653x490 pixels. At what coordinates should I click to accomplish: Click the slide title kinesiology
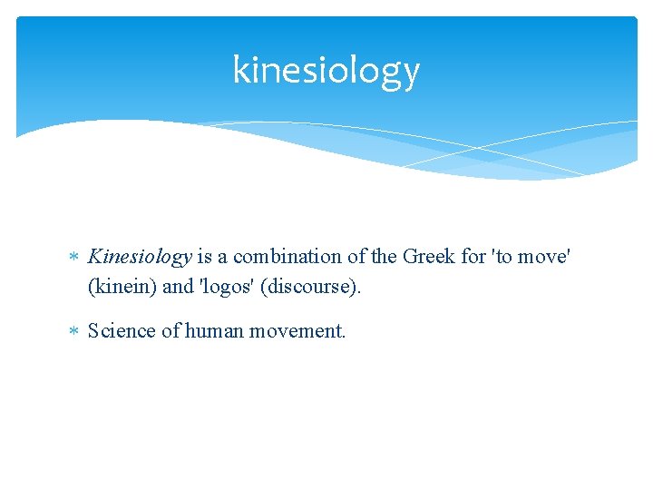point(326,71)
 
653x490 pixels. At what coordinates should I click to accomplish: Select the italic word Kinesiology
point(140,257)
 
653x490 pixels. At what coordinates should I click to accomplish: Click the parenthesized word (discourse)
point(313,287)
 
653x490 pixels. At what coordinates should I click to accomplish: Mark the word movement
point(299,331)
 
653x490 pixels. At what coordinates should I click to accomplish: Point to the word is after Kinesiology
point(204,257)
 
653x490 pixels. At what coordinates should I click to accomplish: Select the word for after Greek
point(473,257)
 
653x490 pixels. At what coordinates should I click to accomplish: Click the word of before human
point(171,331)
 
